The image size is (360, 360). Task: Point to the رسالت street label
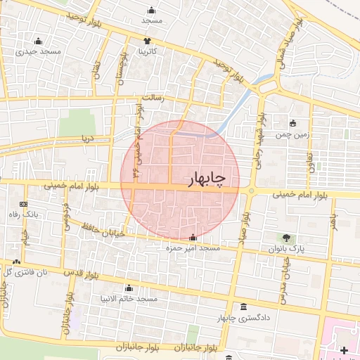pos(152,98)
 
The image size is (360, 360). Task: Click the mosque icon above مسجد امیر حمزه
pos(193,238)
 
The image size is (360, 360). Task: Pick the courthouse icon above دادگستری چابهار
pos(243,307)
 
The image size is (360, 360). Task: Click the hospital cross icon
pos(343,350)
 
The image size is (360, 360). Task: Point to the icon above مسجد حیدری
pos(37,40)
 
